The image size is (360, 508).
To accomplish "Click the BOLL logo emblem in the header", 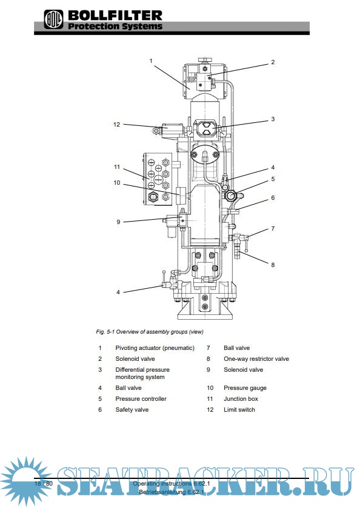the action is [x=53, y=19].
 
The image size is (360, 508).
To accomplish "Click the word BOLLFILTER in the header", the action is [x=115, y=16].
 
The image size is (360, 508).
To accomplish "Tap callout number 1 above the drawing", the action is [x=151, y=61].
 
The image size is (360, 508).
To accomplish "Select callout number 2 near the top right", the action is [x=273, y=62].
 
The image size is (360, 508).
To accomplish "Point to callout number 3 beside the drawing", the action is [x=273, y=119].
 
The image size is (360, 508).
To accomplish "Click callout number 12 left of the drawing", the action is [x=117, y=124].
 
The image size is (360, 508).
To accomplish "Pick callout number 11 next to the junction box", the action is [x=117, y=167].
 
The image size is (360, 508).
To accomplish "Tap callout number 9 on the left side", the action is [x=118, y=222].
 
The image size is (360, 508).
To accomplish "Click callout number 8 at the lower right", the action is [x=273, y=265].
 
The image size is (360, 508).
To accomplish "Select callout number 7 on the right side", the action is [x=273, y=228].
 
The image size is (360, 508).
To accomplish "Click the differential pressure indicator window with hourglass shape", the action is [x=205, y=128].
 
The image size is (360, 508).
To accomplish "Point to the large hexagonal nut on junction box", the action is [x=153, y=196].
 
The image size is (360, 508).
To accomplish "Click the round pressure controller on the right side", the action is [x=230, y=196].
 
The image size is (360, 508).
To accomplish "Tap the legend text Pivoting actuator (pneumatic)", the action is [x=155, y=348].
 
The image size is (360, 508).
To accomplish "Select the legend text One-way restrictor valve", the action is [x=256, y=358].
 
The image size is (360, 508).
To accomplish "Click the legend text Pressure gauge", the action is [x=245, y=388].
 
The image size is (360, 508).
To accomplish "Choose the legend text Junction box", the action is [x=241, y=399].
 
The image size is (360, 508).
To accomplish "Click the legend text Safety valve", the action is [x=132, y=410].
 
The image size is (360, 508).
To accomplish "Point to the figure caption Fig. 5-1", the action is [x=105, y=332].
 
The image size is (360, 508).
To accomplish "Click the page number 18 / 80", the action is [x=44, y=484].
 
